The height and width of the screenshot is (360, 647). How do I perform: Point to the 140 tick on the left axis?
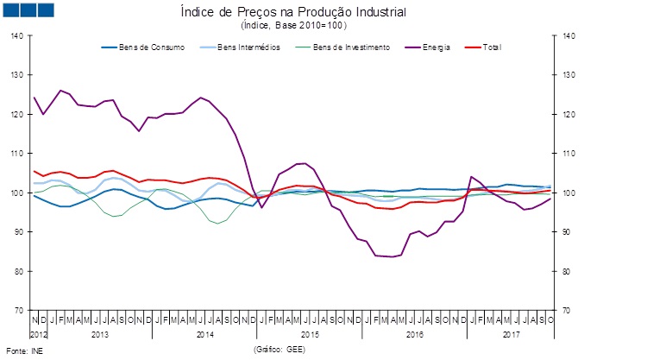[x=17, y=36]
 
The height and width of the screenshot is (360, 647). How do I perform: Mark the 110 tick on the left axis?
[x=17, y=154]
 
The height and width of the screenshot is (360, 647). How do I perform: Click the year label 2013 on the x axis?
[x=99, y=333]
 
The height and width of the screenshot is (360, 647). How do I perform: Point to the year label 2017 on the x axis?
[x=512, y=333]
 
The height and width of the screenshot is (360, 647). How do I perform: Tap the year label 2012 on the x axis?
[x=40, y=333]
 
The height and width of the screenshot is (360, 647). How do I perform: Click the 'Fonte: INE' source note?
[x=24, y=351]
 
